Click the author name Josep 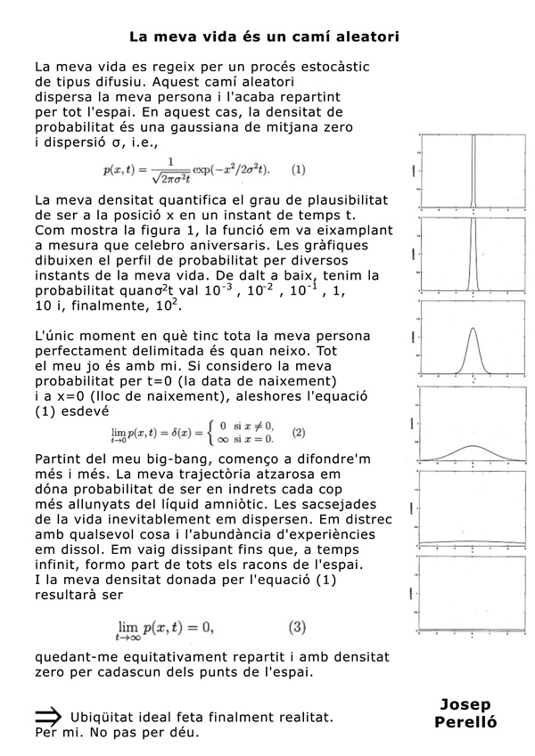point(465,704)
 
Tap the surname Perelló point(465,722)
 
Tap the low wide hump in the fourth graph point(473,447)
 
